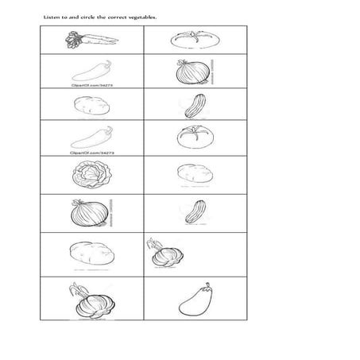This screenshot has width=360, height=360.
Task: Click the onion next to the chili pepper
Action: coord(191,73)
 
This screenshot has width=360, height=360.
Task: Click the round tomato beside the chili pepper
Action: coord(192,136)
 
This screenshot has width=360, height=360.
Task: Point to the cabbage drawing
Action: coord(88,174)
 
